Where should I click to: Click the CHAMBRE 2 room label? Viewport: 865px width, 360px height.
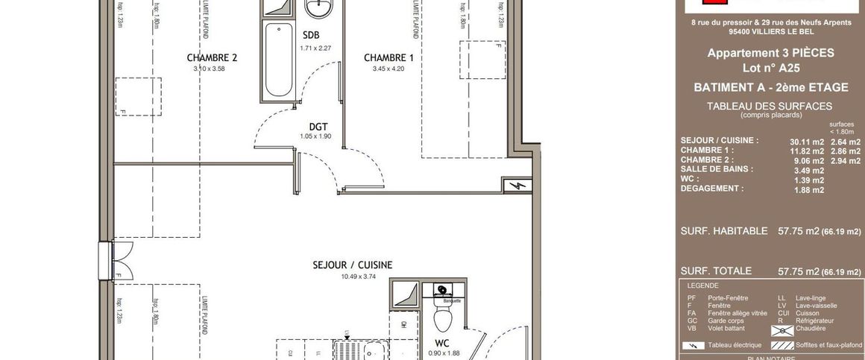(x=212, y=57)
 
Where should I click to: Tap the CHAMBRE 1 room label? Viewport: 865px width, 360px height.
(x=389, y=57)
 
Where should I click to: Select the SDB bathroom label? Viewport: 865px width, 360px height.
(x=311, y=35)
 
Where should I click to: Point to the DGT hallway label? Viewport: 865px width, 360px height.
(x=319, y=126)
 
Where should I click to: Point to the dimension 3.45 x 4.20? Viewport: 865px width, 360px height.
(x=389, y=69)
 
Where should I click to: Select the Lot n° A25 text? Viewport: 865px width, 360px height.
(x=770, y=68)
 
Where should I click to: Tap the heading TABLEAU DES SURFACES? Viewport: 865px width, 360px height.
(x=770, y=107)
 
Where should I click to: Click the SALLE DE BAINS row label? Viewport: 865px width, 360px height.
(x=717, y=169)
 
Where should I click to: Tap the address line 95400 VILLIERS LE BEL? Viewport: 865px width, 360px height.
(x=770, y=33)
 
